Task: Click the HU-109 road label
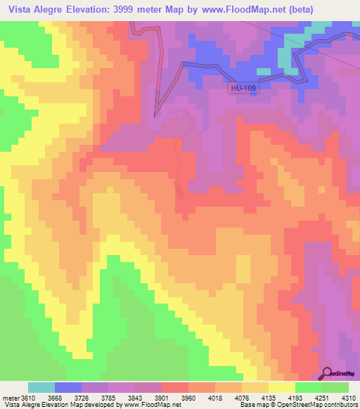tap(243, 89)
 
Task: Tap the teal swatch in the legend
tap(41, 387)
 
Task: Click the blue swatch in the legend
tap(67, 387)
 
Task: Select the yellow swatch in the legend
tap(281, 387)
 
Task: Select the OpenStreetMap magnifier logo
tap(328, 373)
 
